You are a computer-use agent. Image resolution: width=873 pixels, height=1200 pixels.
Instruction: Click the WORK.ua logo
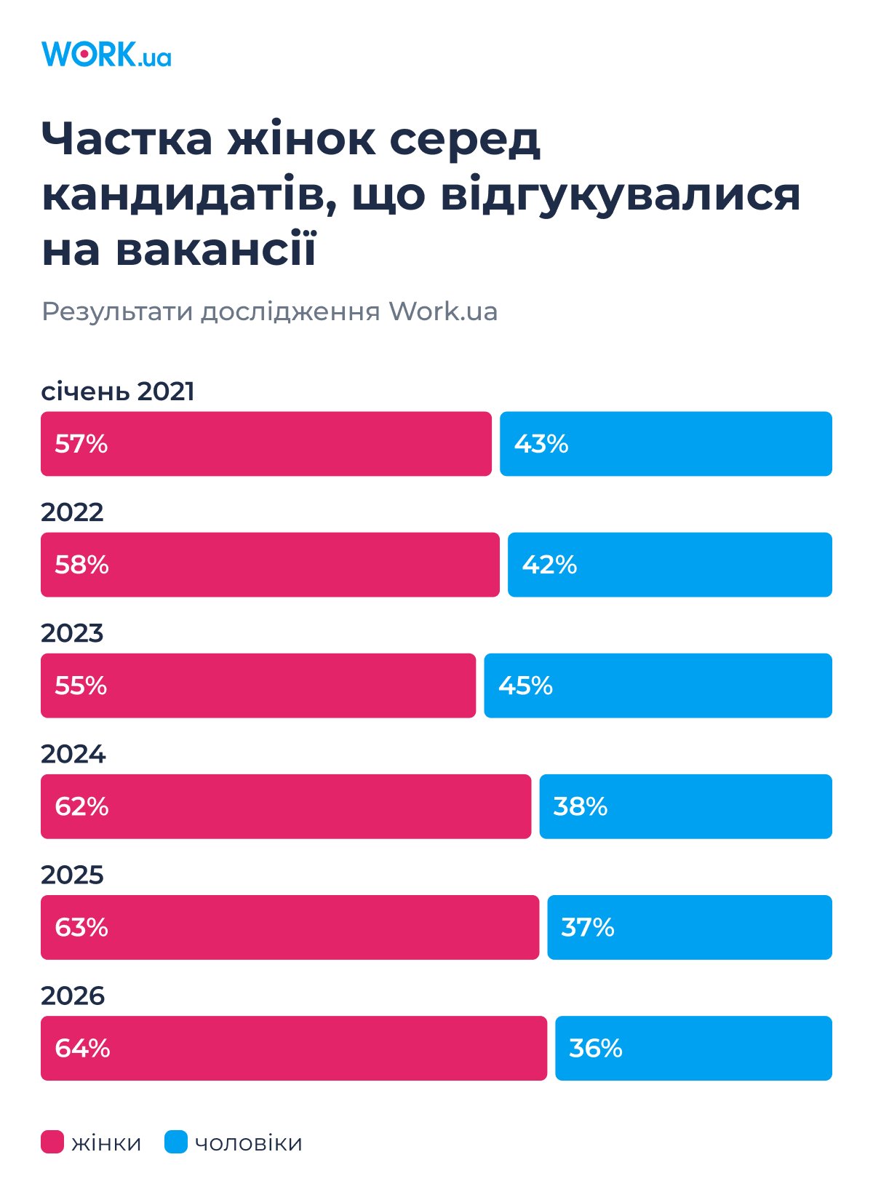click(106, 55)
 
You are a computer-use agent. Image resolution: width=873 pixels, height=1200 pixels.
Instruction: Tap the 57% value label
click(81, 444)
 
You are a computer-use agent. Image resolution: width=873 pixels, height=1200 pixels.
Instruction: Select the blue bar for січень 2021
click(666, 444)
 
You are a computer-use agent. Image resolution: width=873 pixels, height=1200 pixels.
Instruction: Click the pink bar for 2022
click(270, 565)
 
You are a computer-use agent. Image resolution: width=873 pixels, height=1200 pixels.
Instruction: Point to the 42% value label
click(549, 565)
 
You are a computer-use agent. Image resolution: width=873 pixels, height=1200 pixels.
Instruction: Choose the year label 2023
click(72, 633)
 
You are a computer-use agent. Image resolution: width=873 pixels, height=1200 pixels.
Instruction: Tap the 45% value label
click(525, 686)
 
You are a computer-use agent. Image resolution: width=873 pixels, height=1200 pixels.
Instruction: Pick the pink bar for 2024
click(286, 806)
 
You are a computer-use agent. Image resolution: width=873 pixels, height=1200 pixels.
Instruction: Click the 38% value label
click(581, 806)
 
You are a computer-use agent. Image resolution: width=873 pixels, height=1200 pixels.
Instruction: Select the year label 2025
click(72, 875)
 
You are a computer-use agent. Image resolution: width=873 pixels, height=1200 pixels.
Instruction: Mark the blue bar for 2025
click(690, 927)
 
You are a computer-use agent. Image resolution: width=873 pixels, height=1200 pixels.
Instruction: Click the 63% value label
click(81, 927)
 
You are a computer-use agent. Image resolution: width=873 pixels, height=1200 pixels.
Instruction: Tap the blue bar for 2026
click(693, 1048)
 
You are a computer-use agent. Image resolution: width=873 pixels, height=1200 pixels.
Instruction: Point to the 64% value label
click(82, 1048)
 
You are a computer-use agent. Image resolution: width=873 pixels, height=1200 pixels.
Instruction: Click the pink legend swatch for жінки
click(52, 1142)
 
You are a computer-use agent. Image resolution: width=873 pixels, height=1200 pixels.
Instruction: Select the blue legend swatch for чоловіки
click(176, 1142)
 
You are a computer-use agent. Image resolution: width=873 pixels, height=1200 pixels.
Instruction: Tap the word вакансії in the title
click(215, 250)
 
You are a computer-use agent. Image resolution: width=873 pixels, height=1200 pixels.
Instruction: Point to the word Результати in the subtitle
click(116, 311)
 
